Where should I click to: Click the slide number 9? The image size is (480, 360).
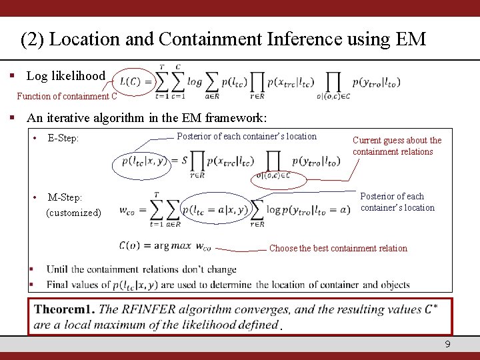(448, 344)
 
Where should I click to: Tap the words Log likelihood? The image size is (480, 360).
(66, 75)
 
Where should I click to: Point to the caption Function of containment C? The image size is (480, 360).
(67, 96)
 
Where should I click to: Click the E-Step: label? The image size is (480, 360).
(63, 139)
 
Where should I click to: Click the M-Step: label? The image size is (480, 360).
(65, 197)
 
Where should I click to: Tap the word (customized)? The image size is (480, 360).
(73, 213)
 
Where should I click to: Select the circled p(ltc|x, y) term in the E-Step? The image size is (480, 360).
(142, 161)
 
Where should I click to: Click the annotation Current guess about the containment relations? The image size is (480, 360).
(397, 146)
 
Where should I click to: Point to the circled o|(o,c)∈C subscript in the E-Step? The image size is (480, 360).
(279, 177)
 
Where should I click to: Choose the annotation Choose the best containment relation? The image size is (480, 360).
(338, 248)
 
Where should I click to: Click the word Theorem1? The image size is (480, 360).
(64, 309)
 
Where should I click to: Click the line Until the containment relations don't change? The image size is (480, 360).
(141, 270)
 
